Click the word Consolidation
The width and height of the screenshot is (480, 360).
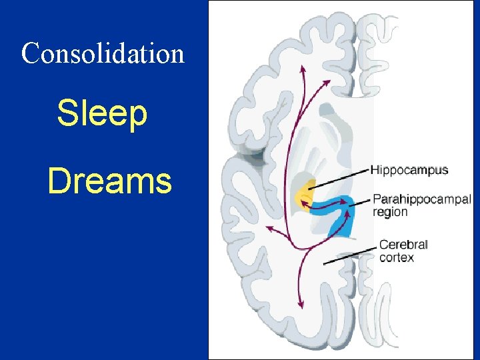(103, 53)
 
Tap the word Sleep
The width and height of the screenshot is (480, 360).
(102, 113)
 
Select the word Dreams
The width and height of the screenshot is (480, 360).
(109, 181)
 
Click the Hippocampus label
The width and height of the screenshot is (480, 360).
(409, 170)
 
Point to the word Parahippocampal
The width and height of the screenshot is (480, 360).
(421, 199)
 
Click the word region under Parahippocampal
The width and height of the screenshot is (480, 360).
(390, 212)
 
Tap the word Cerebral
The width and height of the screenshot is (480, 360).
(403, 245)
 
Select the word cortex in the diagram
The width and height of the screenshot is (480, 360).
(396, 257)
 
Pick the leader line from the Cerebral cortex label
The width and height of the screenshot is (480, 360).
(350, 255)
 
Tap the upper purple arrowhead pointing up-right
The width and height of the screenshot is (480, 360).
(327, 82)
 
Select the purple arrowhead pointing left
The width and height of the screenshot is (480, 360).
(269, 228)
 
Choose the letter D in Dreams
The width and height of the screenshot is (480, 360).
(59, 181)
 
